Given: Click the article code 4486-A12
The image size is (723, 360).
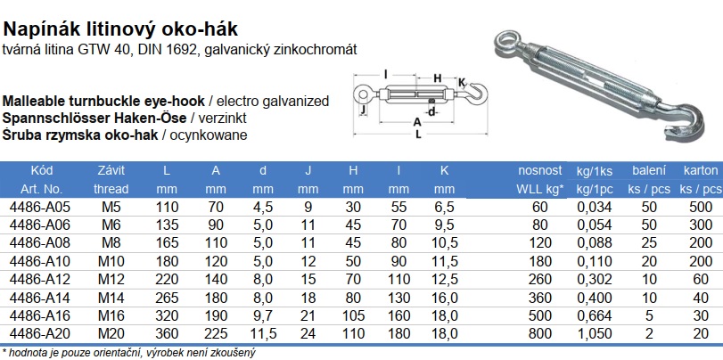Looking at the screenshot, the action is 39,279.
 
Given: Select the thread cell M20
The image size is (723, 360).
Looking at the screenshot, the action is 111,334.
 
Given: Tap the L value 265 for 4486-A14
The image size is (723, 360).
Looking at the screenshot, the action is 167,298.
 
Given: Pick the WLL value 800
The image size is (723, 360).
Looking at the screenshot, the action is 539,334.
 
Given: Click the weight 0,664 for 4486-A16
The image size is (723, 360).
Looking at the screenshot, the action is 595,315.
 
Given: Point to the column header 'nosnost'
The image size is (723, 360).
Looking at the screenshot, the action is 540,170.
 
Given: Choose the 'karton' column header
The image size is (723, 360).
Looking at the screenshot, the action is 701,170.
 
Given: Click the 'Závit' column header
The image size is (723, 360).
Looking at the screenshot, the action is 111,170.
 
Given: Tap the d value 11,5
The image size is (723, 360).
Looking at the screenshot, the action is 262,334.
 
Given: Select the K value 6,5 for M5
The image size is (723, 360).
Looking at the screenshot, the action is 444,207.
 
